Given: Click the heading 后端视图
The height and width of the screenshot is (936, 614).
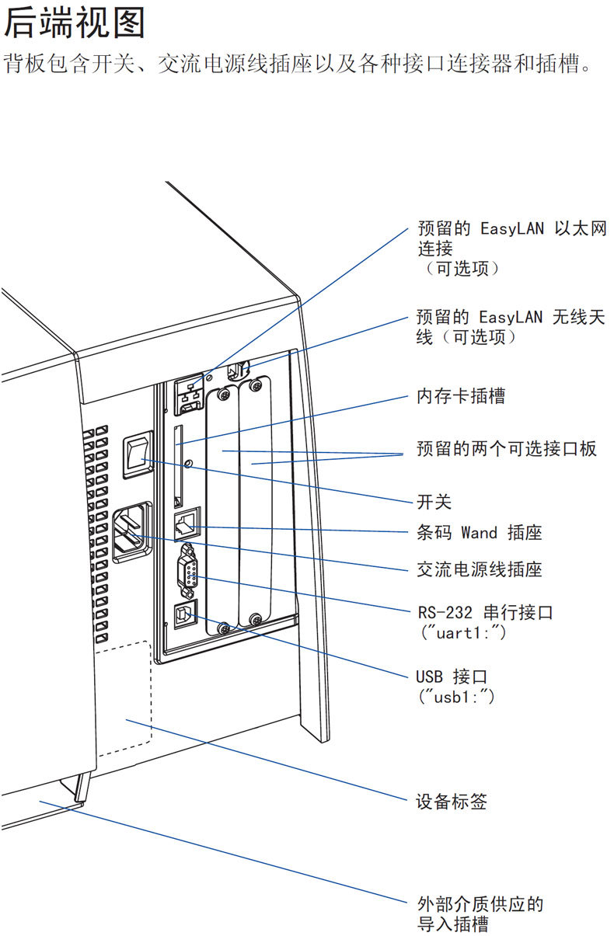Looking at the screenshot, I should tap(75, 23).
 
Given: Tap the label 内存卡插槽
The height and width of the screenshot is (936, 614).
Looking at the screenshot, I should tap(460, 396).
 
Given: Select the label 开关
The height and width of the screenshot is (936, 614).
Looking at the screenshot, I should tap(434, 502).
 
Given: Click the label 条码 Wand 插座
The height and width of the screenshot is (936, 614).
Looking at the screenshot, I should tap(479, 532).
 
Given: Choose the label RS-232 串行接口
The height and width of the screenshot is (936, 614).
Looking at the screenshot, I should tap(484, 612).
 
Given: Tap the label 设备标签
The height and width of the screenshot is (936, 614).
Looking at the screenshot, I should tap(451, 801).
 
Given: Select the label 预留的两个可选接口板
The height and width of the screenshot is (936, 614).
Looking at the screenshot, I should tap(506, 450).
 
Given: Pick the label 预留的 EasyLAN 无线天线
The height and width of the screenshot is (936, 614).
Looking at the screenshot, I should tap(510, 326).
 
